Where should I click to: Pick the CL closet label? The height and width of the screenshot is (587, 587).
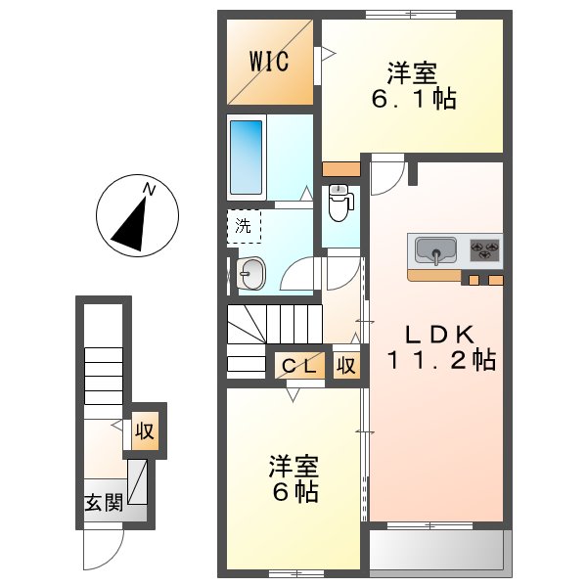[298, 366]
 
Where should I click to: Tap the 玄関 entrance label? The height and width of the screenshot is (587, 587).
[102, 503]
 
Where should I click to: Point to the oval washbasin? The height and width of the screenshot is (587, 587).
[251, 275]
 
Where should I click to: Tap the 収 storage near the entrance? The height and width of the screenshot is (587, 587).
[145, 431]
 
